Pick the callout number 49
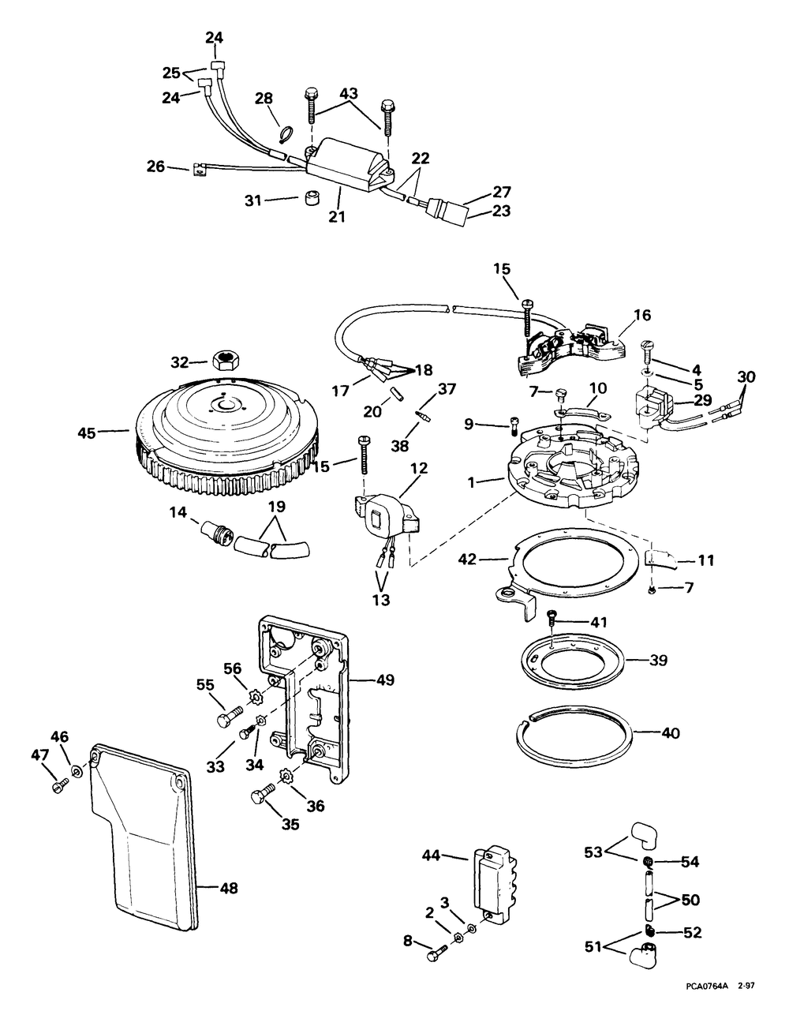tap(385, 680)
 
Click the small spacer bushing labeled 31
tap(309, 199)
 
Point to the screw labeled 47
tap(59, 785)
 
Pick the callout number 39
tap(658, 660)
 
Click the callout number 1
tap(470, 482)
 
